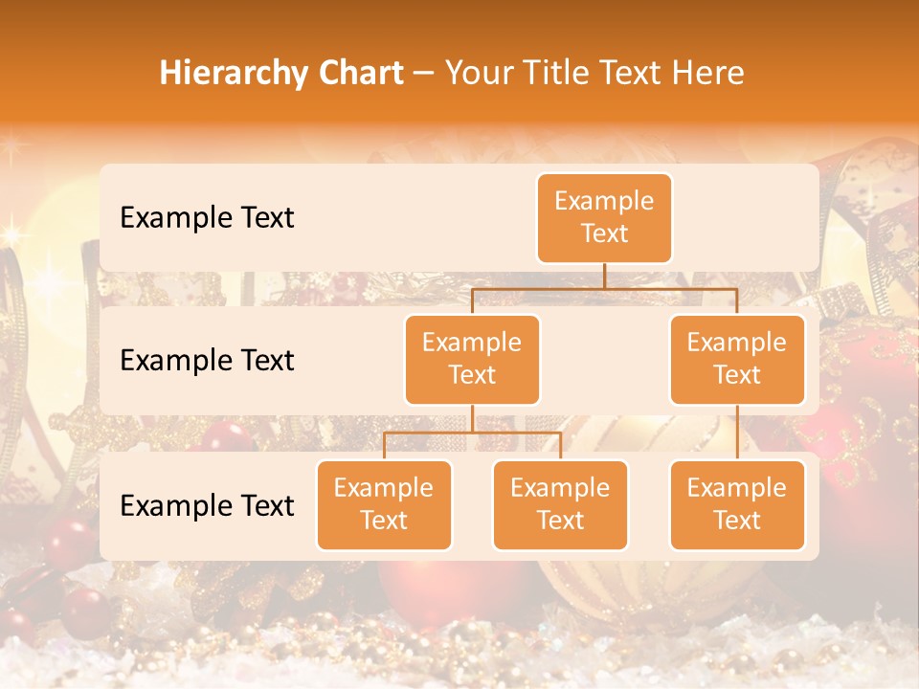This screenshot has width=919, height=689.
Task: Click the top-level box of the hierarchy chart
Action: [x=604, y=217]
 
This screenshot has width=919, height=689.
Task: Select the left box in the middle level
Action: [x=472, y=359]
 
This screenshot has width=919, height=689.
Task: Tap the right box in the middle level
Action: [x=737, y=359]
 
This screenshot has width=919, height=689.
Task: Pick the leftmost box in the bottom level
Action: [x=384, y=504]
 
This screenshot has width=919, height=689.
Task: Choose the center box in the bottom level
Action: [x=560, y=504]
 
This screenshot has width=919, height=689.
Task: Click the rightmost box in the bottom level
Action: [x=737, y=504]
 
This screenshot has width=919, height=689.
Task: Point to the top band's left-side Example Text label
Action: [x=207, y=217]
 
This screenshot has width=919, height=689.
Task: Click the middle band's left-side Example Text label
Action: [x=207, y=360]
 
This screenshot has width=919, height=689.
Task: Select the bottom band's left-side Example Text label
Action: [x=207, y=505]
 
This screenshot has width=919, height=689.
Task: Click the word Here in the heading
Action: [x=707, y=73]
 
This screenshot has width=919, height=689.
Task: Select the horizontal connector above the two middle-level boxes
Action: [x=604, y=288]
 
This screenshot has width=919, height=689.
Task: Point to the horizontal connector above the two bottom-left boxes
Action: [x=472, y=433]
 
